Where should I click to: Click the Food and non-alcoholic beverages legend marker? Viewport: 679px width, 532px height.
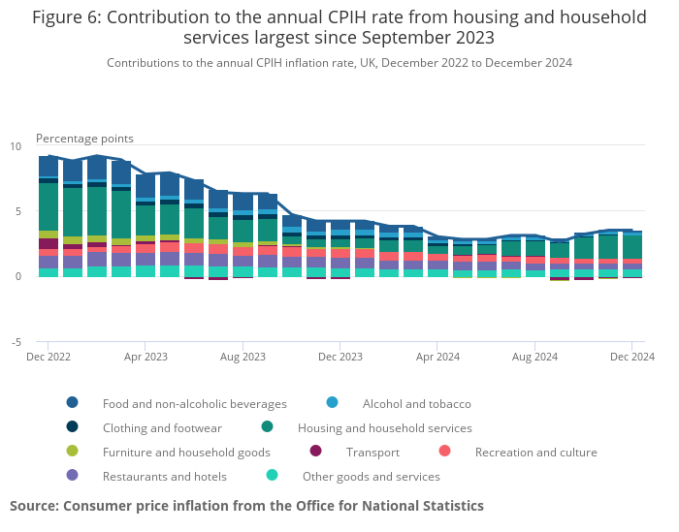(x=73, y=403)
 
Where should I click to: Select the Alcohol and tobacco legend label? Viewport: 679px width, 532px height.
(x=416, y=403)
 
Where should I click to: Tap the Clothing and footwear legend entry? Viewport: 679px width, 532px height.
(x=162, y=427)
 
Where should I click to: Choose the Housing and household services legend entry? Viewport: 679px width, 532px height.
(x=384, y=427)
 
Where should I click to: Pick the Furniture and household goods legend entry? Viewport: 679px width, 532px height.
(x=186, y=452)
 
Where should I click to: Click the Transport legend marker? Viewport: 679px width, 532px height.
(x=315, y=452)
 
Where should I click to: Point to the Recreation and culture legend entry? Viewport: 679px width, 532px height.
(x=535, y=452)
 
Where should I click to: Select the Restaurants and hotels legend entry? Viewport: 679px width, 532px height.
(x=164, y=476)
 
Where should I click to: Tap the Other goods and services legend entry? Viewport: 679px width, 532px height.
(x=371, y=476)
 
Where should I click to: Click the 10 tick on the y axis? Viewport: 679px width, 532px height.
(x=15, y=146)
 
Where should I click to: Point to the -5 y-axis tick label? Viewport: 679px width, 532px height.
(x=15, y=342)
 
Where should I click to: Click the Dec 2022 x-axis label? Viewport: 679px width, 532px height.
(x=48, y=357)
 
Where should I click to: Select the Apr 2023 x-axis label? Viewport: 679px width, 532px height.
(x=145, y=357)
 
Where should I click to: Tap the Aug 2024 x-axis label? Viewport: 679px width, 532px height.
(x=534, y=357)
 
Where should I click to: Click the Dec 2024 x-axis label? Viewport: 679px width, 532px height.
(x=631, y=357)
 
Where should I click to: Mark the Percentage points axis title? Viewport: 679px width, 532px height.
(x=84, y=139)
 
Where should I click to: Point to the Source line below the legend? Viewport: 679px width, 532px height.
(x=246, y=506)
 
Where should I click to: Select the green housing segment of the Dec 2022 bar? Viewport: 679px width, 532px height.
(x=48, y=206)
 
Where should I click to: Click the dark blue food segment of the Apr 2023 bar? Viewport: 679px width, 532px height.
(x=145, y=186)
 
